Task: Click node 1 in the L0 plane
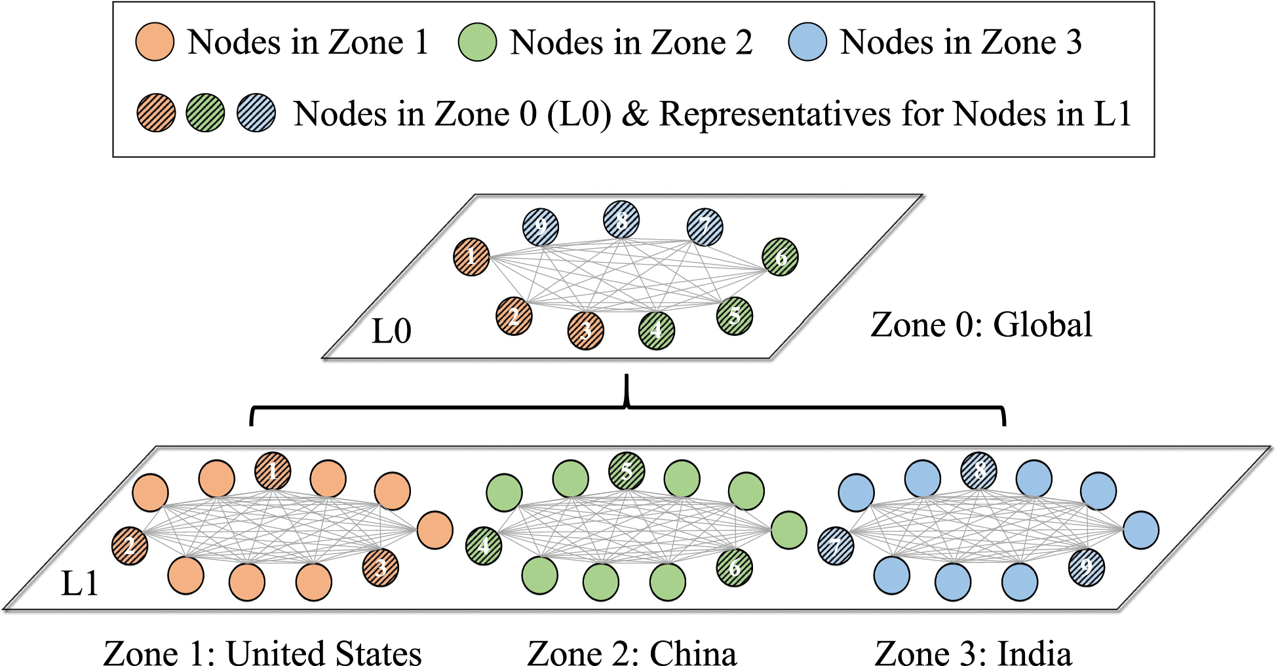coord(471,257)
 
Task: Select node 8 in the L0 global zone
coord(621,219)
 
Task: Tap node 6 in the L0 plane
coord(780,257)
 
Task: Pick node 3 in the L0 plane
coord(586,331)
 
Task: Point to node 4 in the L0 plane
coord(657,331)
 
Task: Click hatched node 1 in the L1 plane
coord(273,471)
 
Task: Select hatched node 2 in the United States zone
coord(130,546)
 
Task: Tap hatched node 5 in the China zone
coord(627,471)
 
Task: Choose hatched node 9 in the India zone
coord(1087,568)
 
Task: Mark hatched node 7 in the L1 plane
coord(836,546)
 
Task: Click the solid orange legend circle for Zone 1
coord(155,42)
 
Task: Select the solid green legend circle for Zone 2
coord(478,42)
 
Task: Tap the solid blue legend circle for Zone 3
coord(808,42)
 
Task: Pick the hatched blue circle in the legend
coord(256,113)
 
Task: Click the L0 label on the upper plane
coord(391,331)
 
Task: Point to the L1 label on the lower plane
coord(79,583)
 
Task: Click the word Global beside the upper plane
coord(1042,325)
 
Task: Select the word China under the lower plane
coord(693,654)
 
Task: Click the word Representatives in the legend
coord(775,115)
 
